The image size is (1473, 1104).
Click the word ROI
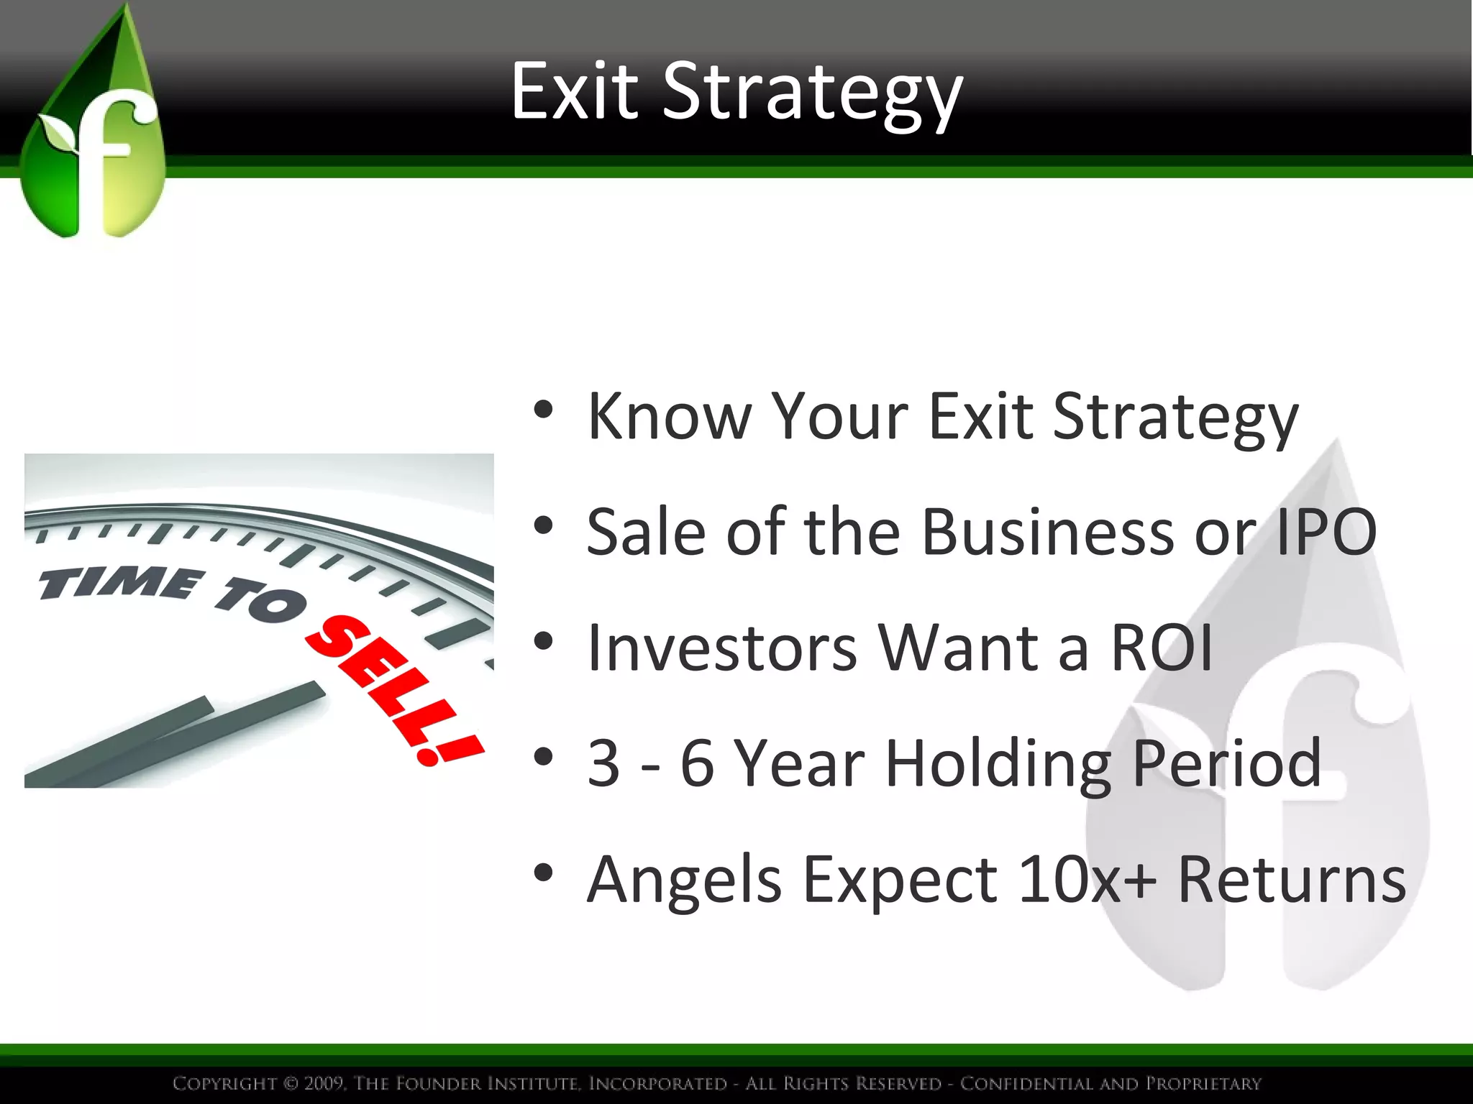1162,648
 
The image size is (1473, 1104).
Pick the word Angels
684,880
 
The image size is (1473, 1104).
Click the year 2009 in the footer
324,1083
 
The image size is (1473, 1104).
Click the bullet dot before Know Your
544,410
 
